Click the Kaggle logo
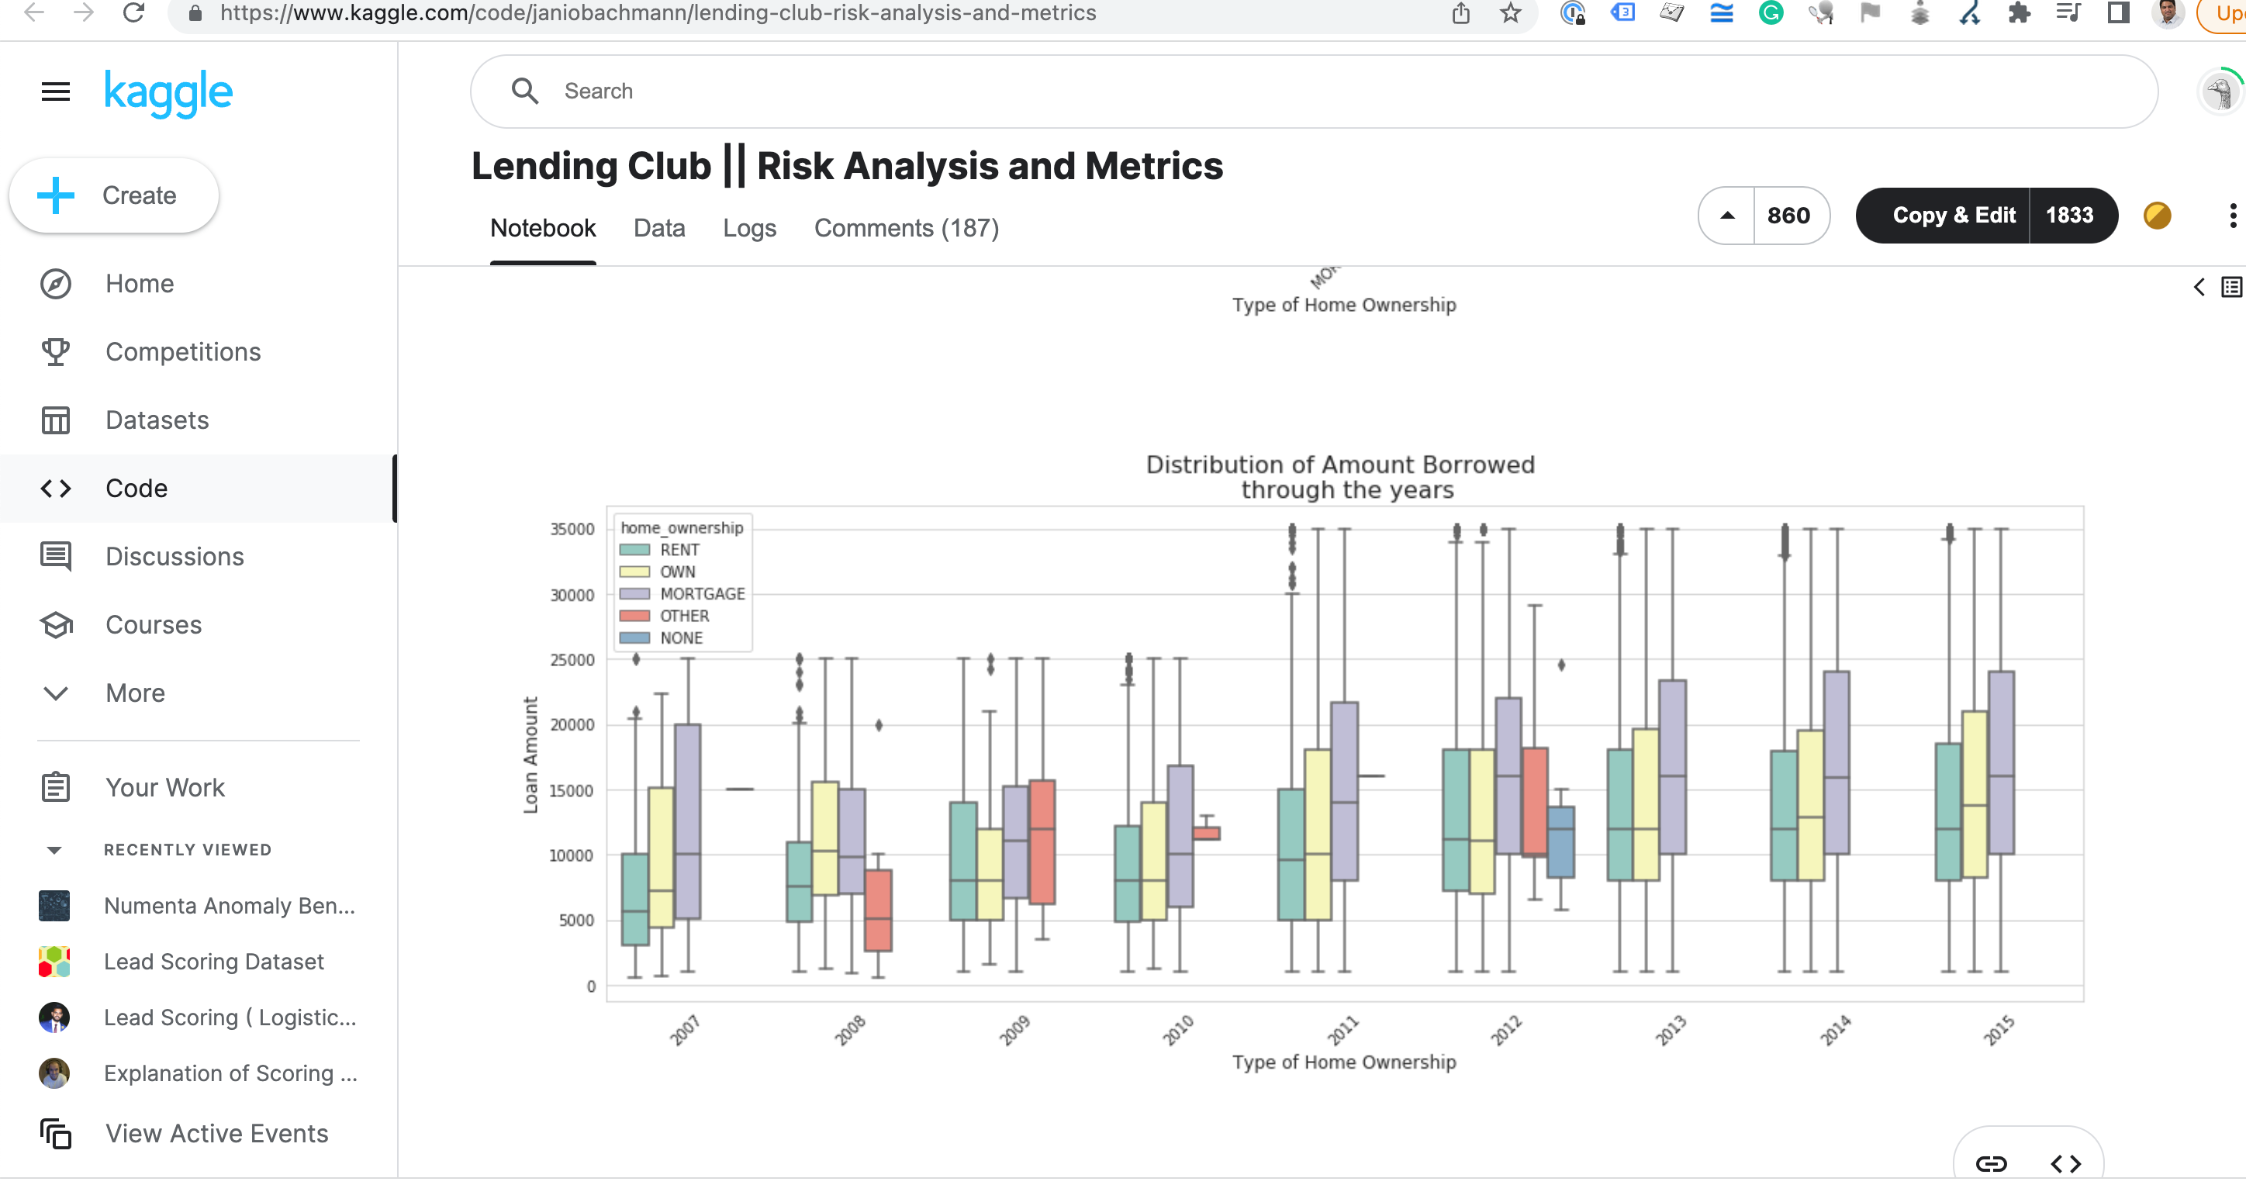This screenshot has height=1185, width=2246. [168, 92]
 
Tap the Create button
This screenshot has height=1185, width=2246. [114, 195]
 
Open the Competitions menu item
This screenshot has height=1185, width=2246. [182, 351]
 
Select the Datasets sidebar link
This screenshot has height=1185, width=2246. [157, 420]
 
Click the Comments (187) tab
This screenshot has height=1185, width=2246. [906, 229]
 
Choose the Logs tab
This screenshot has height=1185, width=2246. [749, 229]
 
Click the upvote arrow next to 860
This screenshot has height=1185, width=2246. [1726, 216]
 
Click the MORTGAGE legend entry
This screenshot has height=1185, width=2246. [701, 594]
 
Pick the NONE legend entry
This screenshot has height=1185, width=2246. [680, 638]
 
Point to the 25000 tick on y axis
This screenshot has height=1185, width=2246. [572, 660]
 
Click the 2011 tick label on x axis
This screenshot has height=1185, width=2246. [1342, 1030]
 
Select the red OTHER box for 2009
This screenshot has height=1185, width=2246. [1042, 841]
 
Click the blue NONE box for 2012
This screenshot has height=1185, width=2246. [1560, 841]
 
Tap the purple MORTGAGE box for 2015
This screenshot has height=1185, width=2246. [2001, 763]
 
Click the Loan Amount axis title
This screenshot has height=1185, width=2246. [530, 755]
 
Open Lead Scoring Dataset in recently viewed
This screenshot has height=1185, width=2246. [213, 962]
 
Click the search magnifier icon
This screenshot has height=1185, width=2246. [525, 91]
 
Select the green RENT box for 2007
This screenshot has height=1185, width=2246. [634, 898]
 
